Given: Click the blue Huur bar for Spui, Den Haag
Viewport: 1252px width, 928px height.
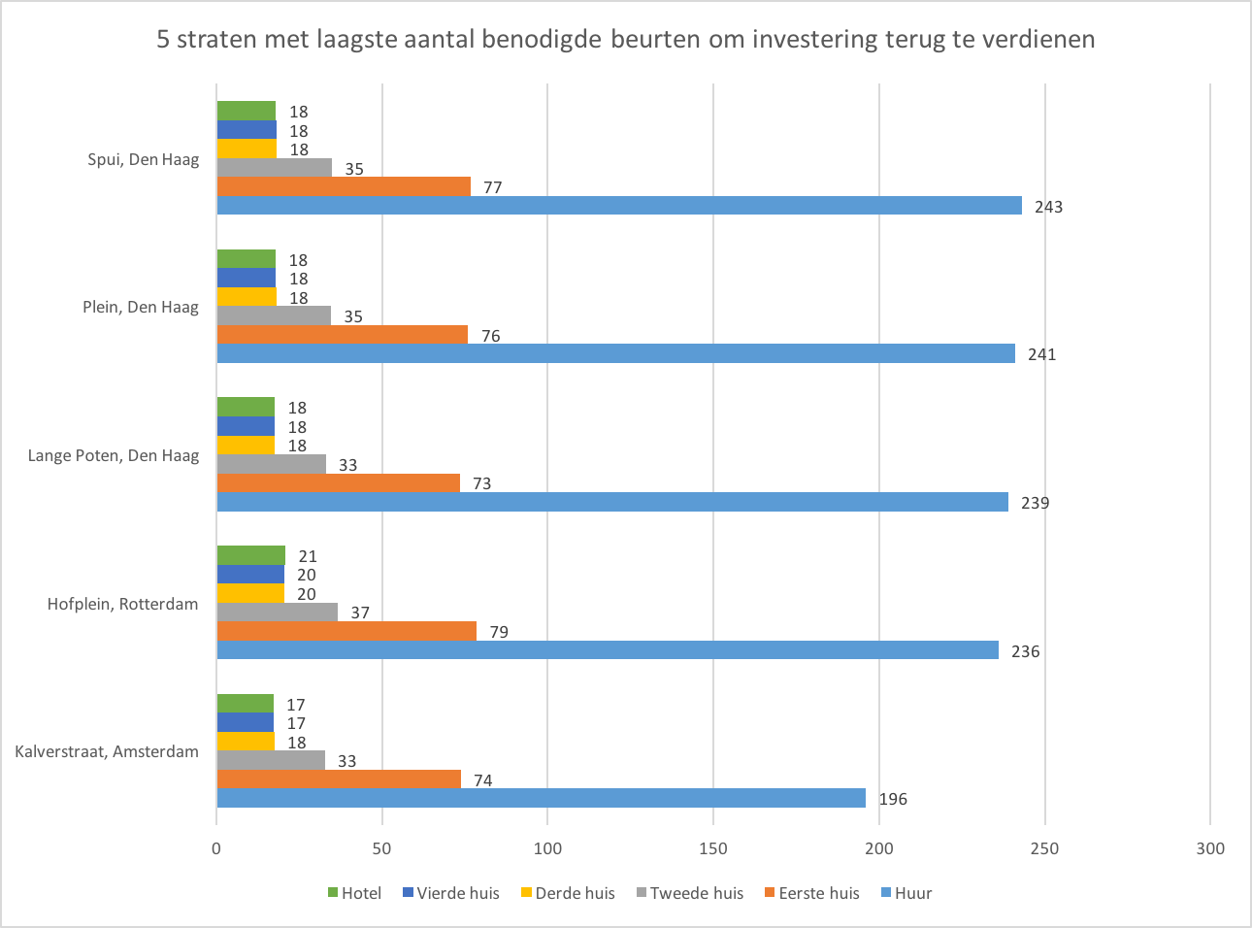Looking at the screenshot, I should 618,206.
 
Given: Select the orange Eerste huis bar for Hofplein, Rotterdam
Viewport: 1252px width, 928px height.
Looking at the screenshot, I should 346,631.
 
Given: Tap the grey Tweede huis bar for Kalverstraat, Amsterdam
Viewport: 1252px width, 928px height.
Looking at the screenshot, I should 271,760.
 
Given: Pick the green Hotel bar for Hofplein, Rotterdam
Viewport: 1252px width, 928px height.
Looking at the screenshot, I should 250,555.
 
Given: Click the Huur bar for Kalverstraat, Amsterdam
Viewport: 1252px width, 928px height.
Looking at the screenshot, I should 541,798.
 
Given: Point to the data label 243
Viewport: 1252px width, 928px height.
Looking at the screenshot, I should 1048,207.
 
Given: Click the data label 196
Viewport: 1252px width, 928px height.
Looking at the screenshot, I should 893,799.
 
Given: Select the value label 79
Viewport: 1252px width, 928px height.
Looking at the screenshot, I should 499,632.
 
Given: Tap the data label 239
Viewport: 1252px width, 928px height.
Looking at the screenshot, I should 1035,503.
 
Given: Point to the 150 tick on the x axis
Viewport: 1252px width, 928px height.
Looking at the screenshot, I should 713,848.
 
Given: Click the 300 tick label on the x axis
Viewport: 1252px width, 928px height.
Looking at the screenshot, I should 1210,848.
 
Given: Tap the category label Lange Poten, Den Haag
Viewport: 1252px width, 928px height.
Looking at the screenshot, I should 114,455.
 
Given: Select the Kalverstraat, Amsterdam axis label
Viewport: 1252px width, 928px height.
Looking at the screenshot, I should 107,751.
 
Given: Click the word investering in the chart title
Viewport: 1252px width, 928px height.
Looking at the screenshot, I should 815,40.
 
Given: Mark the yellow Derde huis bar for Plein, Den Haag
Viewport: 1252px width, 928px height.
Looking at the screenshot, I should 246,297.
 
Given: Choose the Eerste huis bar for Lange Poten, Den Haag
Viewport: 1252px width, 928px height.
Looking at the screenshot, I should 338,483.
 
